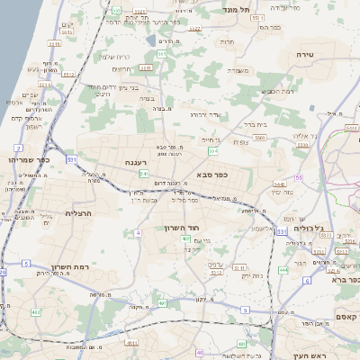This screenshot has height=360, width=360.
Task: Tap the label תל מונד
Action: (x=237, y=8)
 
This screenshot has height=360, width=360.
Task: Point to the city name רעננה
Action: (x=137, y=162)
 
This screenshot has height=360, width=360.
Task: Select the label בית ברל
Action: (x=256, y=125)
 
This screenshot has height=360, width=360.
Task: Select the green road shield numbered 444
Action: (x=283, y=269)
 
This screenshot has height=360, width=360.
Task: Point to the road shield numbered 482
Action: (x=36, y=311)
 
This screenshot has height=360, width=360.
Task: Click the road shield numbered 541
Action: (x=142, y=174)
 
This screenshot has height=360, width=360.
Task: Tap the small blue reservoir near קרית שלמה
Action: (x=165, y=40)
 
